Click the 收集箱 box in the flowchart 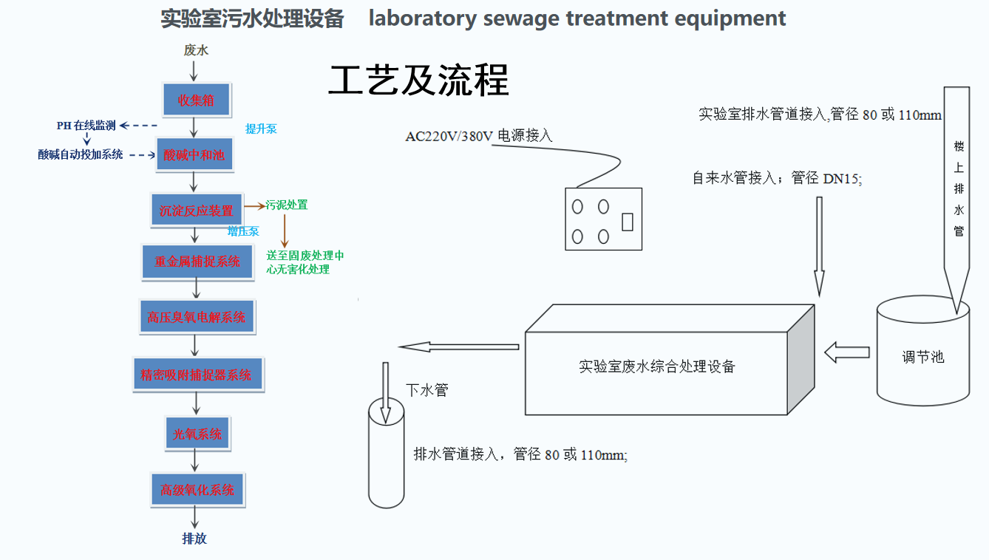coord(197,100)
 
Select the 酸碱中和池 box coord(194,154)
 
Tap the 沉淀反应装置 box coord(197,210)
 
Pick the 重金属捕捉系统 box coord(197,262)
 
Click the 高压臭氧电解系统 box coord(197,317)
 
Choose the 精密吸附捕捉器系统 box coord(198,375)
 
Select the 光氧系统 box coord(197,434)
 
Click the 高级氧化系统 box coord(197,490)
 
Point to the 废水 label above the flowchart coord(196,49)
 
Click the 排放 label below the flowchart coord(194,539)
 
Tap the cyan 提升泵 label coord(261,129)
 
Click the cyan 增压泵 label coord(243,231)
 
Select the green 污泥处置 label coord(286,205)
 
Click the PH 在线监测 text coord(86,126)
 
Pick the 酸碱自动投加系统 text coord(81,154)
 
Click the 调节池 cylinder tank coord(922,351)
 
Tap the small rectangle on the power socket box coord(628,222)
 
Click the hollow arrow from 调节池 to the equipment coord(847,352)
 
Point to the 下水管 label coord(427,390)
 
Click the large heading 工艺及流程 coord(418,81)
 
